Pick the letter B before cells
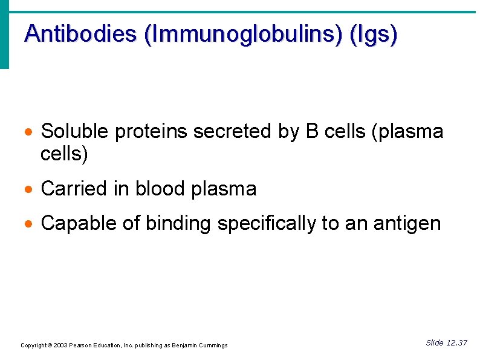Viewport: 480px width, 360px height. click(x=313, y=131)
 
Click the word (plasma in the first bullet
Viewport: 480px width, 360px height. click(x=409, y=131)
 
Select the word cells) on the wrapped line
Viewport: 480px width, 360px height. click(x=64, y=154)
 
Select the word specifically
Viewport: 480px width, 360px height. click(x=266, y=224)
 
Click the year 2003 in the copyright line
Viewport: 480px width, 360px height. click(x=60, y=345)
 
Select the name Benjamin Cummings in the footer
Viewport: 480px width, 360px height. click(x=199, y=345)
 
